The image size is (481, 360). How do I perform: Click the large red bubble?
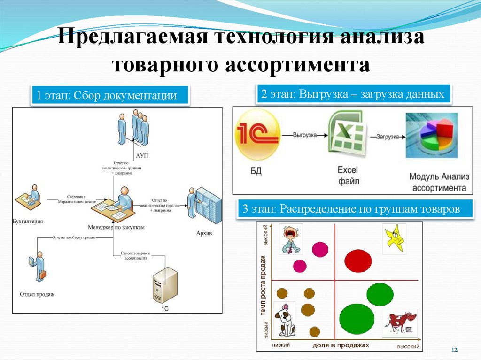[358, 260]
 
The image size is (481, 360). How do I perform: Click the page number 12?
[454, 350]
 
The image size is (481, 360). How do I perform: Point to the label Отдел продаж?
[37, 294]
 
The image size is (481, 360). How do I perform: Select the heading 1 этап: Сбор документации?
[110, 96]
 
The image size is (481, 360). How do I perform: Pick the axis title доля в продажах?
[340, 345]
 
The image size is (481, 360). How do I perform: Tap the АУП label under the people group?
[141, 155]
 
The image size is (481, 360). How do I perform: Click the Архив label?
[202, 233]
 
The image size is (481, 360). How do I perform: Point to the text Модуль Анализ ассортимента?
[438, 182]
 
